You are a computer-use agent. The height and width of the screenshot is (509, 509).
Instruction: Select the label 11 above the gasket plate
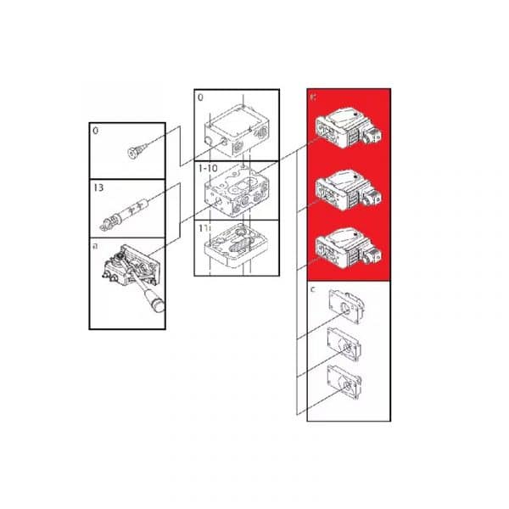point(204,228)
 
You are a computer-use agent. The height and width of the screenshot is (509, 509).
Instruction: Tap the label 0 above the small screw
point(97,132)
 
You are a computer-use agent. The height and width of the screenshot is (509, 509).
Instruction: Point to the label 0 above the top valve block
point(201,98)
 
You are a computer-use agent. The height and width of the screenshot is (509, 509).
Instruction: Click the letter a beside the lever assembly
point(96,244)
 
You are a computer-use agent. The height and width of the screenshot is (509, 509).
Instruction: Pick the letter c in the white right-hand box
point(314,289)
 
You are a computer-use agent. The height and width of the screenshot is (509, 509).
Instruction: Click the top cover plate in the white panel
point(347,310)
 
